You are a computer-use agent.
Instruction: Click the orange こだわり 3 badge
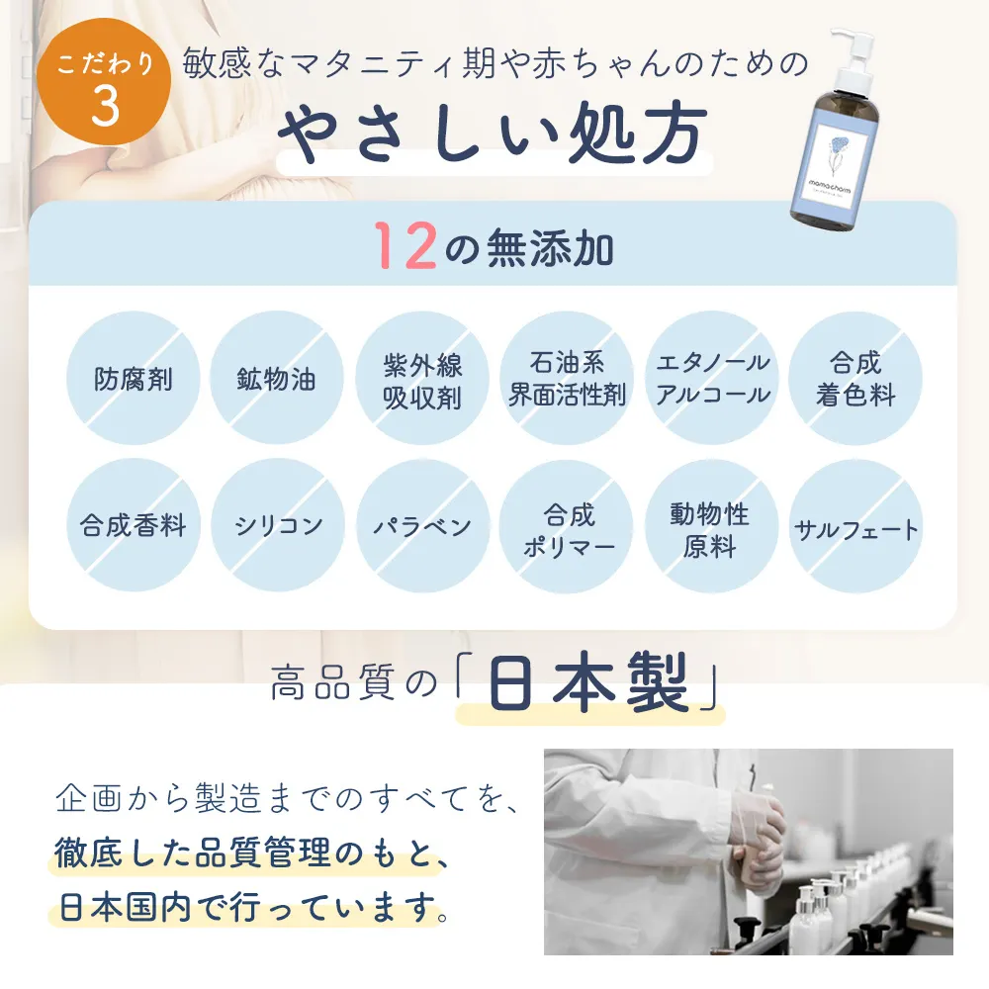point(104,81)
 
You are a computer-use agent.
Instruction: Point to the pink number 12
point(405,246)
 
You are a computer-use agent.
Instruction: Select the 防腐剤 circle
point(134,378)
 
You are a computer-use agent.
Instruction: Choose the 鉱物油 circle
point(276,378)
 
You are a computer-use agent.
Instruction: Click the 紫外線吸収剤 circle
point(422,378)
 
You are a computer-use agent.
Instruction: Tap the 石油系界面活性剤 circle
point(567,378)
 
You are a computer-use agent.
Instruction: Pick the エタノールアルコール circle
point(712,378)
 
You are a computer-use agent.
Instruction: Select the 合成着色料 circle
point(855,378)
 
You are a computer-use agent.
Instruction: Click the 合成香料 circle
point(134,525)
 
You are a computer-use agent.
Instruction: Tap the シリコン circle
point(278,525)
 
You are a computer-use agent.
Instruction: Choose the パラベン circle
point(422,525)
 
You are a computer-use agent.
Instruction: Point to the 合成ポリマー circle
point(567,527)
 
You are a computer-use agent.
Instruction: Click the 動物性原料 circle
point(711,527)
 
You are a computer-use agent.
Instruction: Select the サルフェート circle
point(855,527)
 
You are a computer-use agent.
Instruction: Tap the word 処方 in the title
point(637,134)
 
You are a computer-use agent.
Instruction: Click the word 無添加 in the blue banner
point(549,248)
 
